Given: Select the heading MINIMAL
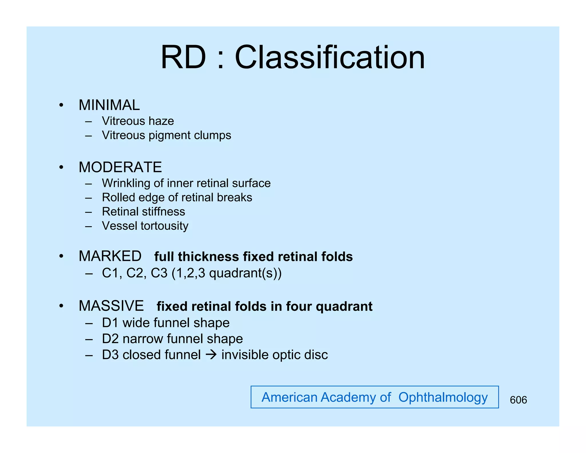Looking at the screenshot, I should point(109,105).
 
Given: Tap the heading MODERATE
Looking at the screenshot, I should point(120,167).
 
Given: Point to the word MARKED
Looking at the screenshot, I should point(110,256).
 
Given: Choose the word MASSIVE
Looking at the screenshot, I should point(111,306).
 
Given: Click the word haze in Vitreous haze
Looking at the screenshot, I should point(161,121).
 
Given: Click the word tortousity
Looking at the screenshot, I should point(165,226).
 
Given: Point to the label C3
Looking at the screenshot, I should point(159,273).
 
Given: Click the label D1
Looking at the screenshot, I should point(110,323).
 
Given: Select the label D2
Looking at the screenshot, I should point(110,339).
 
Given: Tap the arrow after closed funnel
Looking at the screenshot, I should point(211,355).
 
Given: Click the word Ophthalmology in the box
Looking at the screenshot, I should point(443,397).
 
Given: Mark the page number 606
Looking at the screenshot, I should point(518,400).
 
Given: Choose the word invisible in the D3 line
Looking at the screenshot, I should point(245,355).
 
